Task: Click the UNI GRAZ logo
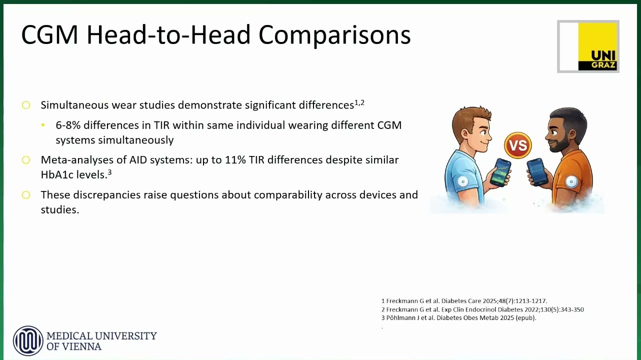pos(588,46)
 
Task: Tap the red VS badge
pos(518,145)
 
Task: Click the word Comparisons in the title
pos(334,35)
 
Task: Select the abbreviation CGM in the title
pos(49,35)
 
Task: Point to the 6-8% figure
pos(68,125)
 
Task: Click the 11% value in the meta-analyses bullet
pos(235,160)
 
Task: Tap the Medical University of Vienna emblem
pos(28,341)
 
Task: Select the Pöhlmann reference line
pos(458,318)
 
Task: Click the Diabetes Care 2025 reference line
pos(464,301)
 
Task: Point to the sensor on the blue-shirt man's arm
pos(462,181)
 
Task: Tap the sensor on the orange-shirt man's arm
pos(571,181)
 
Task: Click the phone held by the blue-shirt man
pos(500,172)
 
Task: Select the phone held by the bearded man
pos(537,171)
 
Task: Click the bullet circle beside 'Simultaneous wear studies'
pos(26,105)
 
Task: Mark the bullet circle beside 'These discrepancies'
pos(26,195)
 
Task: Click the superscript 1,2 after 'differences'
pos(359,102)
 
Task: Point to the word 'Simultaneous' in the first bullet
pos(74,105)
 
